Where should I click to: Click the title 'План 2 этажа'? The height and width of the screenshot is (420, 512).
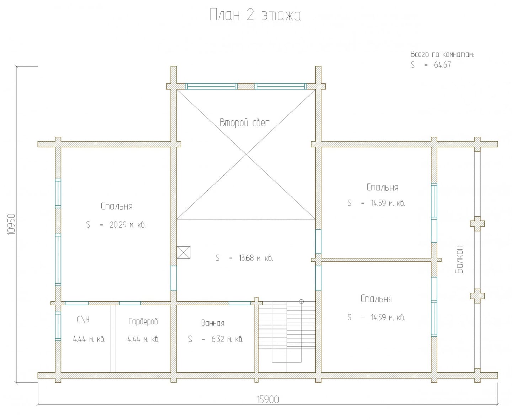(x=255, y=15)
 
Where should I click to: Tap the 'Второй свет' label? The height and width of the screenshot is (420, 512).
(x=245, y=122)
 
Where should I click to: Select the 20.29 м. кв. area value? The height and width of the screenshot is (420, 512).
(x=127, y=225)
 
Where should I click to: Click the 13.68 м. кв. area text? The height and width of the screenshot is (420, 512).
(x=256, y=258)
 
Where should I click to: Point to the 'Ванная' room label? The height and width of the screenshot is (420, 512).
(x=213, y=323)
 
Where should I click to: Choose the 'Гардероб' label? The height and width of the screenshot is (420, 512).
(x=143, y=322)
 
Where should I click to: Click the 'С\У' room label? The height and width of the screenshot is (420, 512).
(x=83, y=320)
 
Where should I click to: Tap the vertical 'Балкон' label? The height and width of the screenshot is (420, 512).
(x=459, y=259)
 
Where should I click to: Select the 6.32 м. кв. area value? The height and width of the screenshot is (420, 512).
(x=227, y=339)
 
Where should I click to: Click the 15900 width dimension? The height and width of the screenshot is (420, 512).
(x=268, y=400)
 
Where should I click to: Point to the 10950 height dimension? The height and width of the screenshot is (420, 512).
(x=11, y=224)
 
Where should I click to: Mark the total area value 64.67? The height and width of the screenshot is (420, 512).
(x=442, y=65)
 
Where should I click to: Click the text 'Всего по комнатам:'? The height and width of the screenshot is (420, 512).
(x=442, y=54)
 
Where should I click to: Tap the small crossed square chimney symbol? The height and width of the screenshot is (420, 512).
(x=183, y=252)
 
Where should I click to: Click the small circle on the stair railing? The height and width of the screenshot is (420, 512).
(x=301, y=302)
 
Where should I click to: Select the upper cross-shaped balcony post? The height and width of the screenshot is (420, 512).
(x=477, y=224)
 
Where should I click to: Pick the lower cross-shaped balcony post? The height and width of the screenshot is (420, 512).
(x=477, y=296)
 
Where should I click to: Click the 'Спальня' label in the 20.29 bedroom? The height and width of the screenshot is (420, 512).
(x=117, y=206)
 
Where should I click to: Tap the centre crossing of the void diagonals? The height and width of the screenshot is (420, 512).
(x=246, y=154)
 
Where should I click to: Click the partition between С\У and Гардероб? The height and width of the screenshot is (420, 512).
(x=113, y=339)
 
